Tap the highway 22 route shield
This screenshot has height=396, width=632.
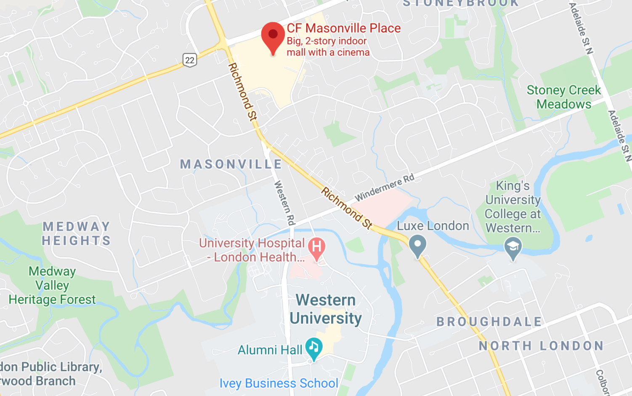(x=190, y=60)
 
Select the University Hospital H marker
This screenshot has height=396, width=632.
(x=317, y=247)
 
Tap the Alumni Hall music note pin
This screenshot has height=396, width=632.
(x=313, y=347)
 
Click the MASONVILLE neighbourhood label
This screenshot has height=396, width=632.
(x=231, y=164)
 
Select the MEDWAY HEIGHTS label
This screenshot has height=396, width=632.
(x=77, y=233)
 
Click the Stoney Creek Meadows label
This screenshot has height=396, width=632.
(x=563, y=97)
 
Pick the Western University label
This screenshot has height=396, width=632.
(x=326, y=309)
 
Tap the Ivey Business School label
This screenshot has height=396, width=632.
(x=279, y=383)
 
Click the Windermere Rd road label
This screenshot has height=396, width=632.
(x=384, y=187)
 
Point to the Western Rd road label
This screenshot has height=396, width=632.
(x=284, y=203)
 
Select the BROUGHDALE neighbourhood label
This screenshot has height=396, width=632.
(x=489, y=321)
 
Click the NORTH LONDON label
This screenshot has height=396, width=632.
(x=541, y=346)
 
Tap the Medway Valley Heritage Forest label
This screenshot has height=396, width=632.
(x=52, y=285)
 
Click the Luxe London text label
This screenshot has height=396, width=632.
(x=433, y=226)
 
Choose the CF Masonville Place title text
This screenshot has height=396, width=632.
(x=343, y=28)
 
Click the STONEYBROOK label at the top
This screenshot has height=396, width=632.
(x=461, y=3)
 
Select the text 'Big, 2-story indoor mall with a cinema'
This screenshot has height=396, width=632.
(x=328, y=47)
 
